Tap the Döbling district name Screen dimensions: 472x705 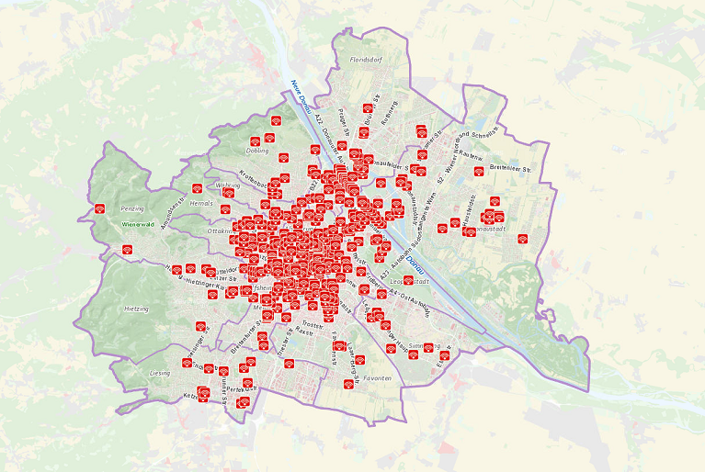258,150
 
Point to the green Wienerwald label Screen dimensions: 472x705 137,223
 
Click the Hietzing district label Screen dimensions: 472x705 135,309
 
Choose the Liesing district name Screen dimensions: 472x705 159,374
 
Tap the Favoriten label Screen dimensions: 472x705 377,378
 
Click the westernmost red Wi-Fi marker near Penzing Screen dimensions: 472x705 100,208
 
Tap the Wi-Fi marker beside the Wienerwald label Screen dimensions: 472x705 128,249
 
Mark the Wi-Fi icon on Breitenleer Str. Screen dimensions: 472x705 479,171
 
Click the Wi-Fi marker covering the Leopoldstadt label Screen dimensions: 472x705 408,279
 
